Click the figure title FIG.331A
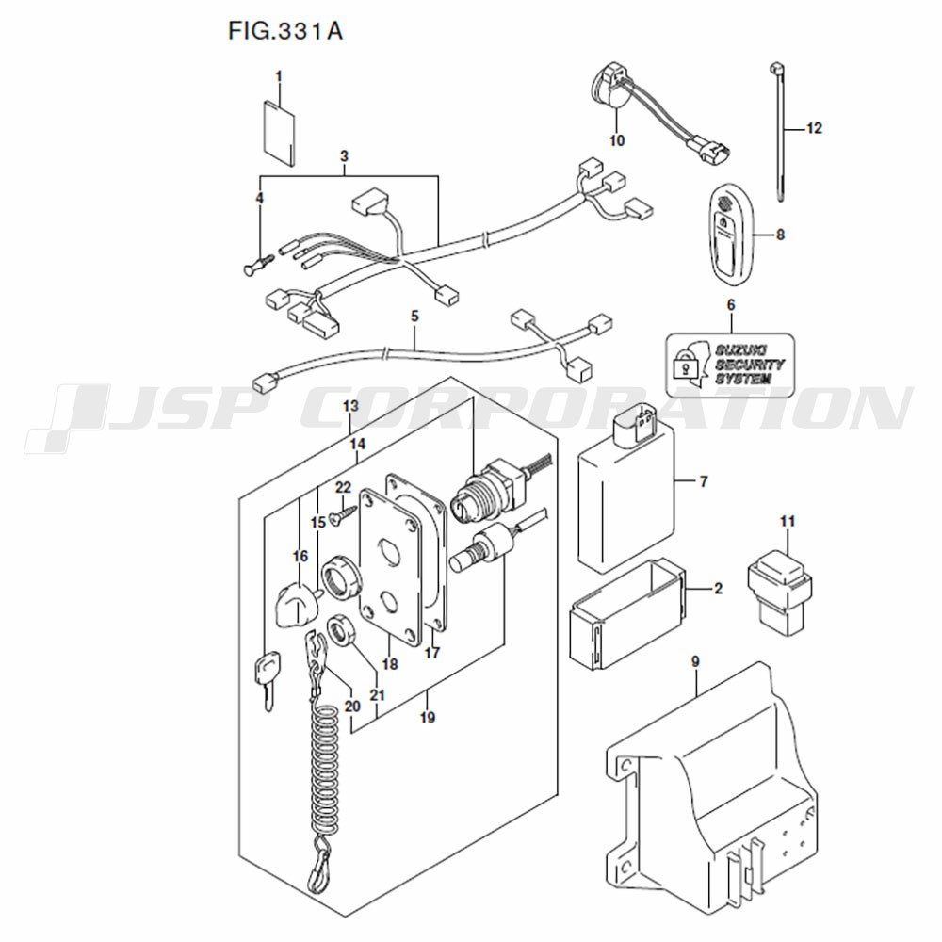(x=284, y=32)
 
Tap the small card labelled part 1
(x=278, y=132)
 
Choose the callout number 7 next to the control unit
(x=703, y=482)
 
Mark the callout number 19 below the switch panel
(x=427, y=719)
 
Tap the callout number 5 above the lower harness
(x=414, y=317)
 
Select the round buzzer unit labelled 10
(x=612, y=91)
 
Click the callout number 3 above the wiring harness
(x=345, y=155)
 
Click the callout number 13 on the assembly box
(x=350, y=406)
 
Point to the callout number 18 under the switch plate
(x=390, y=664)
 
